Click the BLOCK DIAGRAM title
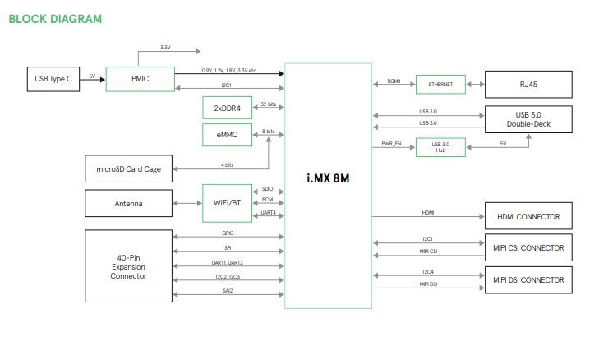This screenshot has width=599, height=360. [56, 18]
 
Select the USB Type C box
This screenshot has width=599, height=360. [53, 79]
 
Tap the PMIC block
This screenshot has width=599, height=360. [140, 79]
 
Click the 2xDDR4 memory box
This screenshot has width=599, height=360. [227, 108]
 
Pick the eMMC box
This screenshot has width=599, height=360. [227, 135]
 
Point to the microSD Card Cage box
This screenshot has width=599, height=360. [128, 169]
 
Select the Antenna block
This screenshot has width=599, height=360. [128, 203]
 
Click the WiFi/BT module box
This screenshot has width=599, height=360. [227, 202]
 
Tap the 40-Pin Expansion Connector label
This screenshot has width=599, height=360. [128, 267]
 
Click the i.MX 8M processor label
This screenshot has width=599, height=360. [328, 178]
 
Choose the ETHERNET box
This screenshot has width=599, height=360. [440, 84]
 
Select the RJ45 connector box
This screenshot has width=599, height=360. [527, 84]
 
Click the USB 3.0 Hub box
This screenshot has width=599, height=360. [440, 147]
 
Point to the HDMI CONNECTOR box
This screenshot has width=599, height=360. [527, 217]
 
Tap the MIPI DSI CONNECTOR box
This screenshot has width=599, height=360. [527, 280]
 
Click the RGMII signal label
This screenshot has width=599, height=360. [394, 81]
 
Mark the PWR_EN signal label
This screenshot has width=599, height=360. [391, 144]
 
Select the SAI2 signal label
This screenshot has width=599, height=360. [228, 290]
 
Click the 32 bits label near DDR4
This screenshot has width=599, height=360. [268, 104]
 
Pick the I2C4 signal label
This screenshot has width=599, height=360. [428, 271]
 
